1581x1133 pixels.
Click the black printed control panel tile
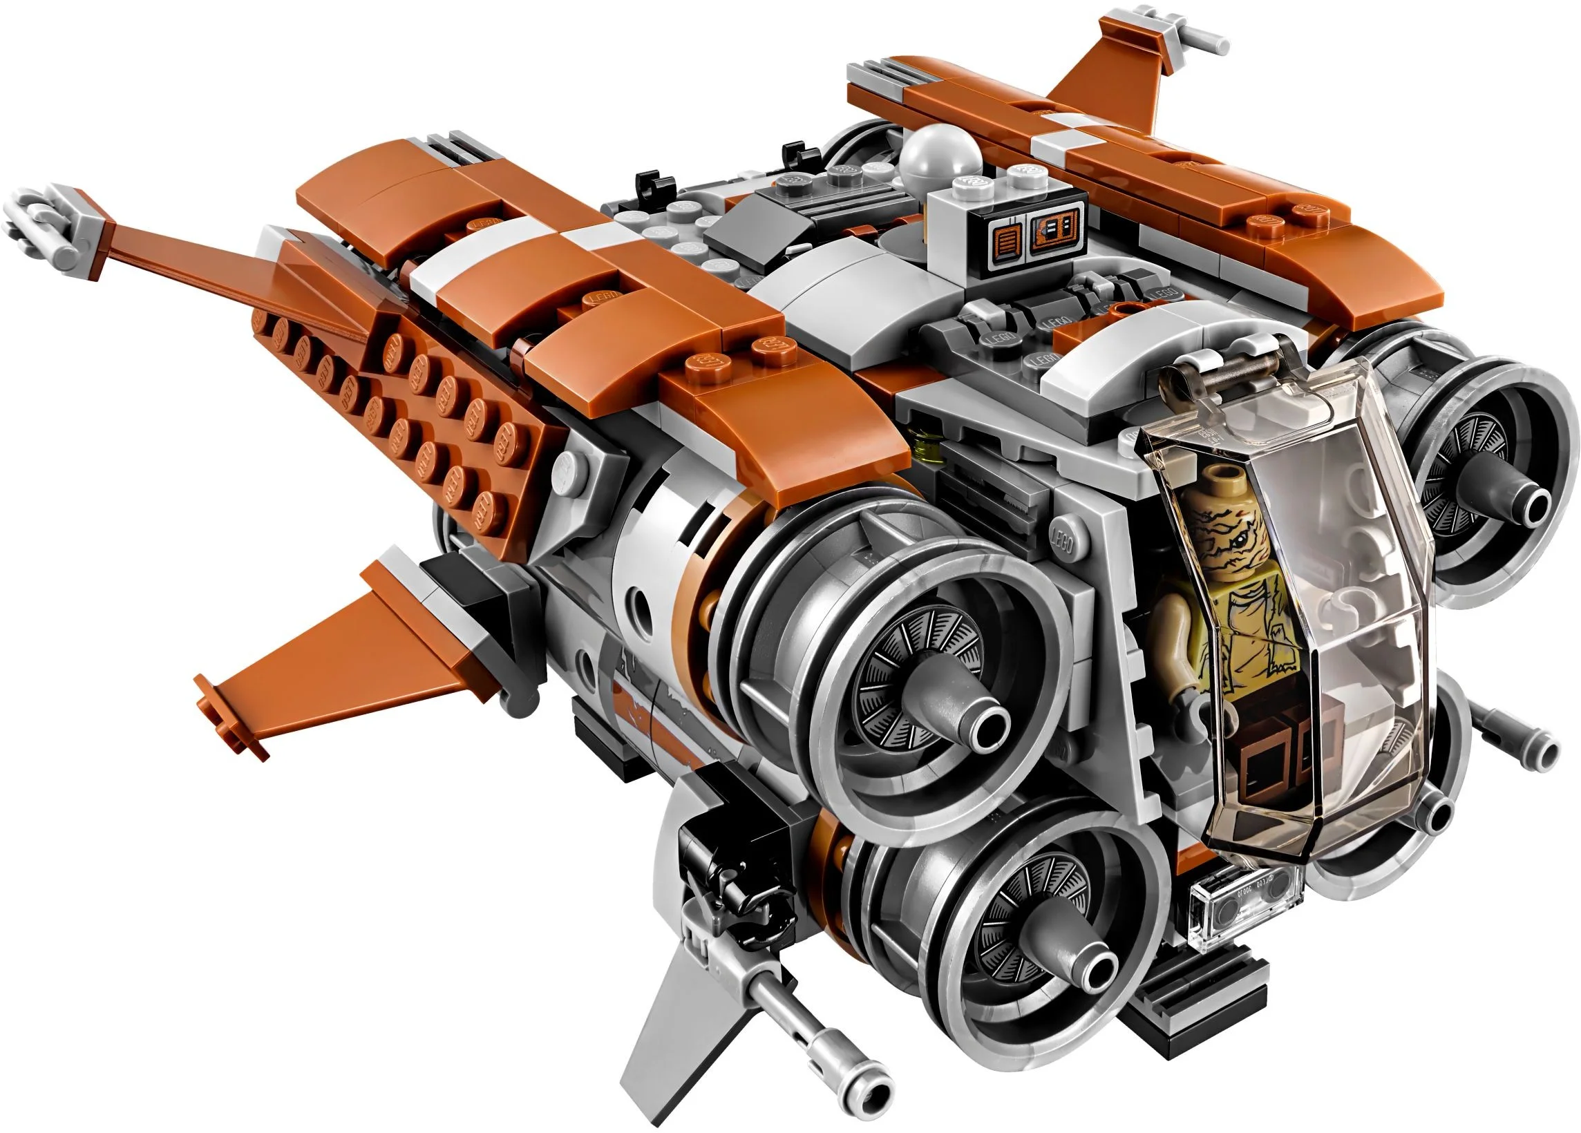pyautogui.click(x=1032, y=234)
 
